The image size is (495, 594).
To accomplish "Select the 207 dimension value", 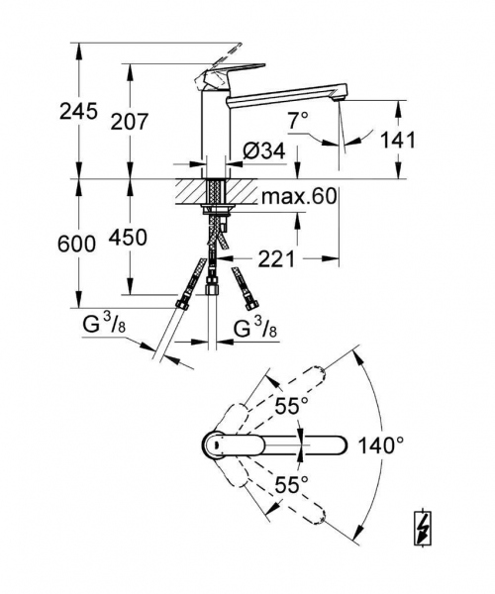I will click(x=129, y=122).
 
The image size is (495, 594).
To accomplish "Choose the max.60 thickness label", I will click(x=299, y=196).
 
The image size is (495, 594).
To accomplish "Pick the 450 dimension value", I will click(x=129, y=238).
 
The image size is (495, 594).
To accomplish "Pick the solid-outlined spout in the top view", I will click(x=297, y=444).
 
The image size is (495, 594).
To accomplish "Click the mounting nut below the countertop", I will click(x=217, y=210).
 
